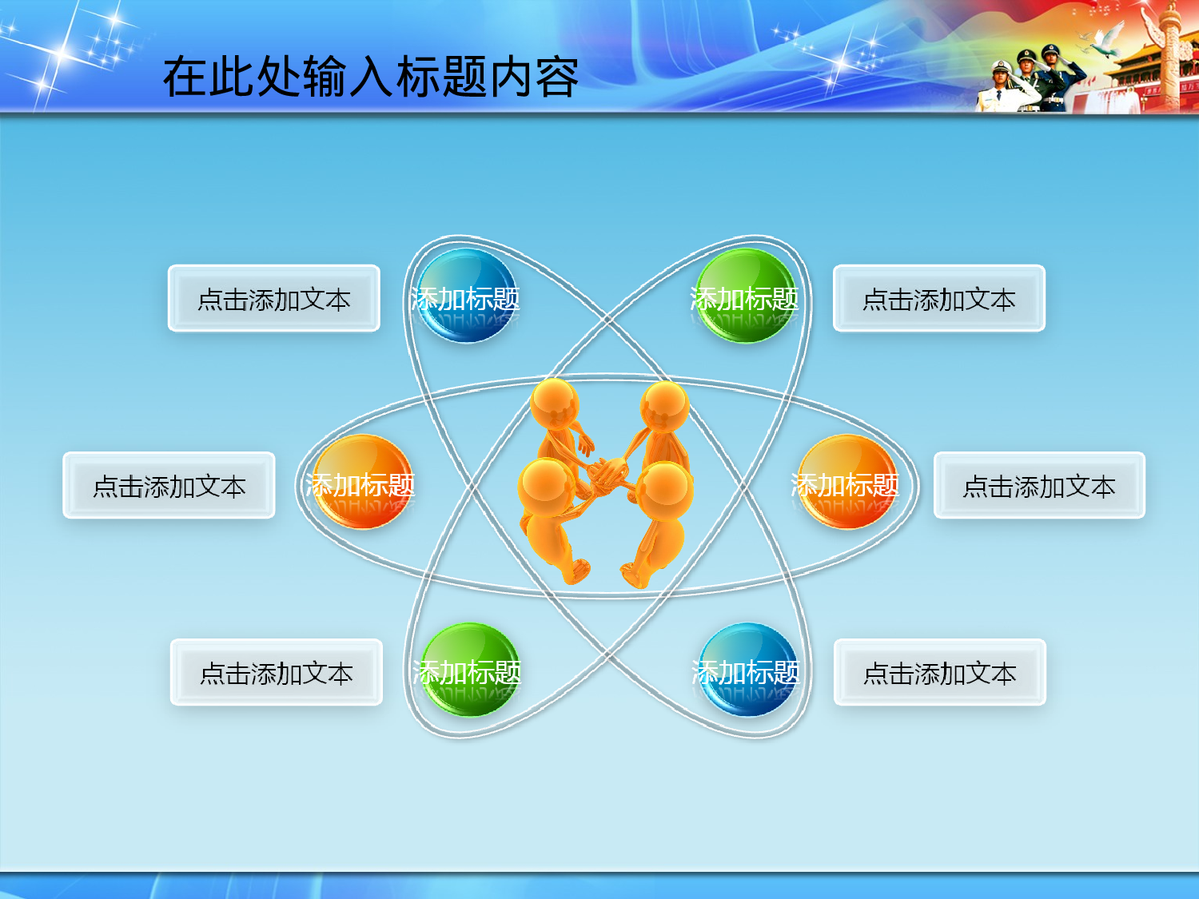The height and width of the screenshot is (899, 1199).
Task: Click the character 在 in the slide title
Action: [x=186, y=77]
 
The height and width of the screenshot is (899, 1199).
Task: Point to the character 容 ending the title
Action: [x=557, y=77]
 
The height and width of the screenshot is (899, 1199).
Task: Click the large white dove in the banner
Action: [x=1106, y=42]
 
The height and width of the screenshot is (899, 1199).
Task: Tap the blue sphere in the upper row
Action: [x=467, y=296]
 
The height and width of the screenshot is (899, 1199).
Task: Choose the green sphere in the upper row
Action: [x=745, y=296]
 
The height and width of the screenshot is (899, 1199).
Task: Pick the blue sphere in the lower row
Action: [x=747, y=670]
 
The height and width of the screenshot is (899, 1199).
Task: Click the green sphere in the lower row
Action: [x=469, y=670]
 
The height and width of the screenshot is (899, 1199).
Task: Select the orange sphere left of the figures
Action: [x=362, y=482]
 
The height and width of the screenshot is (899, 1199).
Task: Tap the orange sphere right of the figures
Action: [x=846, y=482]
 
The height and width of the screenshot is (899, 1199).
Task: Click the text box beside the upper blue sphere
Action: [x=273, y=298]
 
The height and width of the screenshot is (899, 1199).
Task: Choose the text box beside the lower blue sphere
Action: [x=939, y=672]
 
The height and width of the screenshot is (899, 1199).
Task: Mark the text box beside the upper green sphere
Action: [x=938, y=298]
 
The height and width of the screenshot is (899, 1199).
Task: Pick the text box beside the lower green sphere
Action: [x=276, y=672]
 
